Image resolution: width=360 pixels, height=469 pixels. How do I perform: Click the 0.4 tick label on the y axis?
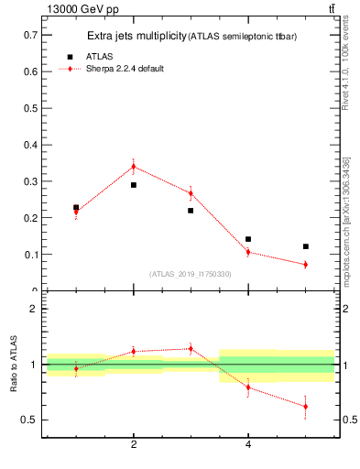click(28, 145)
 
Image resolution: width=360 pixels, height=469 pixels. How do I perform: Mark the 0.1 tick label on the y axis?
click(28, 255)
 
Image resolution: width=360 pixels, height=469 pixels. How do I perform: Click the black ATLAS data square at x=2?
click(134, 185)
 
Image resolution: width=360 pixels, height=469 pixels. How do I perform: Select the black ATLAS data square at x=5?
click(305, 246)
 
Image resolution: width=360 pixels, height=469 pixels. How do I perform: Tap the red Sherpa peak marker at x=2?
click(134, 167)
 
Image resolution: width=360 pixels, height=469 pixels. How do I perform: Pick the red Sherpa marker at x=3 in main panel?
click(191, 193)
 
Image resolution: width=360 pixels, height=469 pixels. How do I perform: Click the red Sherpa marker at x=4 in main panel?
click(248, 252)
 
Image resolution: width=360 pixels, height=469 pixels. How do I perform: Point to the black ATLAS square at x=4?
click(248, 239)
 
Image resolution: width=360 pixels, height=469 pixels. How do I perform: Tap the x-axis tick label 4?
click(248, 444)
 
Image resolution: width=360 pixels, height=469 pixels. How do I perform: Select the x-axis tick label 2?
click(134, 444)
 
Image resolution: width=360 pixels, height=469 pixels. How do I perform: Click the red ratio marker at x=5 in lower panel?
click(305, 407)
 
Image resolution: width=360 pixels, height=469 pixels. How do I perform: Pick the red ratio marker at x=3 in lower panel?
click(191, 348)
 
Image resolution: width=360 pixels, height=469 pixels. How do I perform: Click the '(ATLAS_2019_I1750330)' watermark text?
click(191, 274)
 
